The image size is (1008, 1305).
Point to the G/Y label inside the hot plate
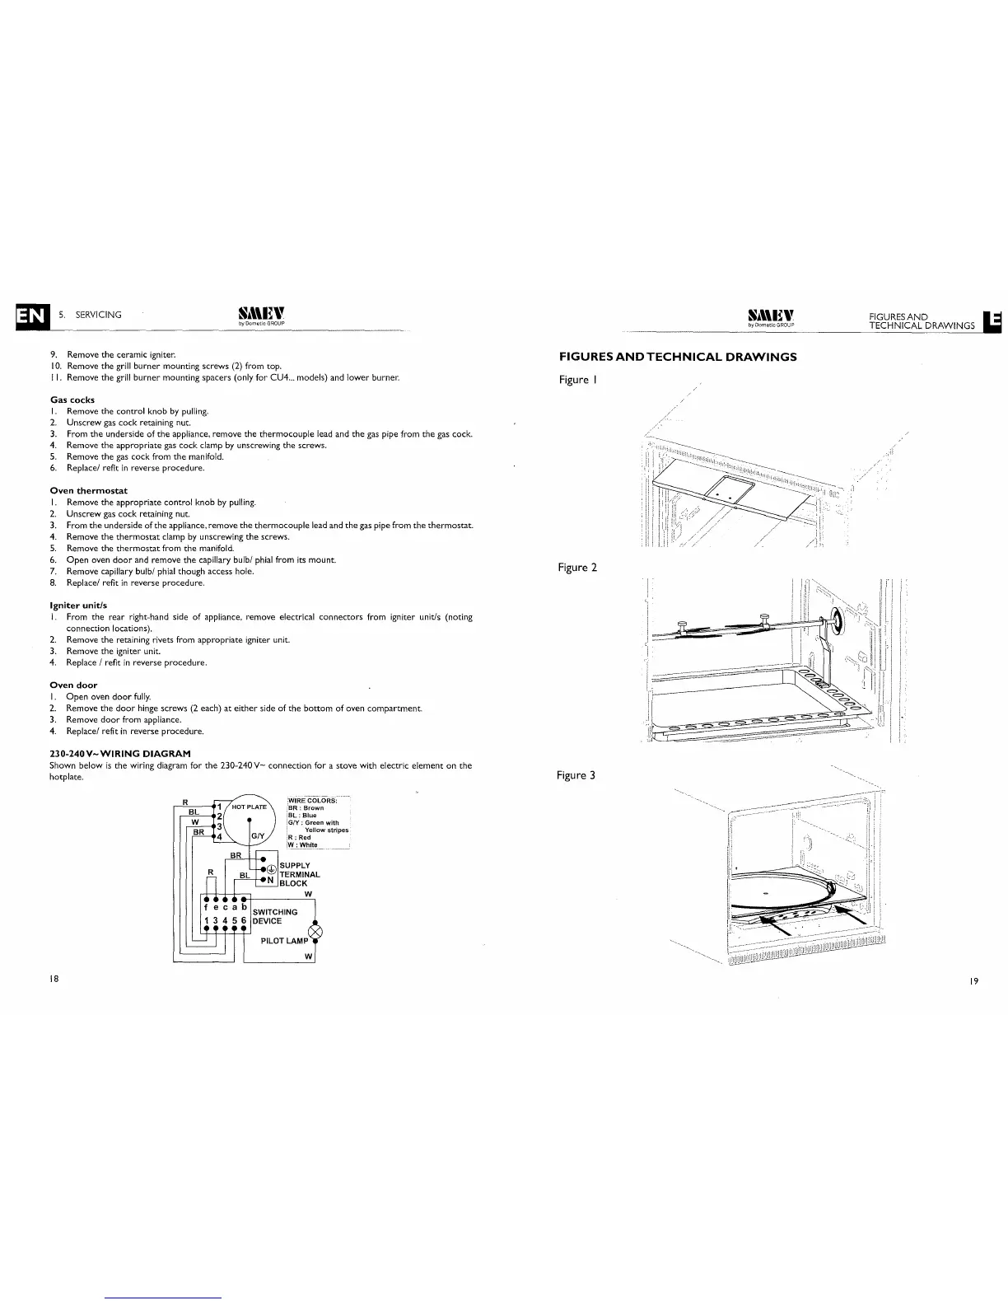tap(256, 837)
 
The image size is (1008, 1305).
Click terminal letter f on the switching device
tap(205, 906)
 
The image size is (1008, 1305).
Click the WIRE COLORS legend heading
tap(312, 801)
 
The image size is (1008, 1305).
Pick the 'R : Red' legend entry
tap(300, 837)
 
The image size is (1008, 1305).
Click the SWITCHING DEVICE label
tap(275, 916)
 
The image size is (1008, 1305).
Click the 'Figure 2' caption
tap(576, 567)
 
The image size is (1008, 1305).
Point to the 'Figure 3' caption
tap(576, 775)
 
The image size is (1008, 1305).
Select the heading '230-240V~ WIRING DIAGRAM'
tap(120, 753)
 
